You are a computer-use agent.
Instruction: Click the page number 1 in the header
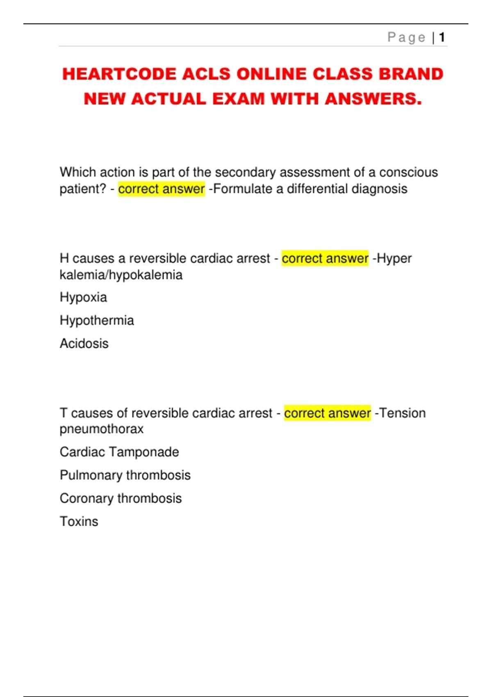(x=442, y=38)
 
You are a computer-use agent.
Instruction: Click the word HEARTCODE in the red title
(x=119, y=74)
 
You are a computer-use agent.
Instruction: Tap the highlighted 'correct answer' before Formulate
(x=161, y=189)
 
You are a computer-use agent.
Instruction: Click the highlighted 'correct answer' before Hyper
(x=325, y=258)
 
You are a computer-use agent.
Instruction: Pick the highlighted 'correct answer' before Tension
(x=327, y=413)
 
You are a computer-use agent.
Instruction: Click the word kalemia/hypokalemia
(x=121, y=275)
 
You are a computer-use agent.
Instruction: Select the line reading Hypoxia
(x=83, y=297)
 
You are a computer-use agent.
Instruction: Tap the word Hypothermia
(x=97, y=320)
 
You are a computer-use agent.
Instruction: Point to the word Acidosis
(x=84, y=343)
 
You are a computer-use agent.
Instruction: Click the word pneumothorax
(x=102, y=429)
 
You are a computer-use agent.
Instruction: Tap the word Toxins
(x=79, y=521)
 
